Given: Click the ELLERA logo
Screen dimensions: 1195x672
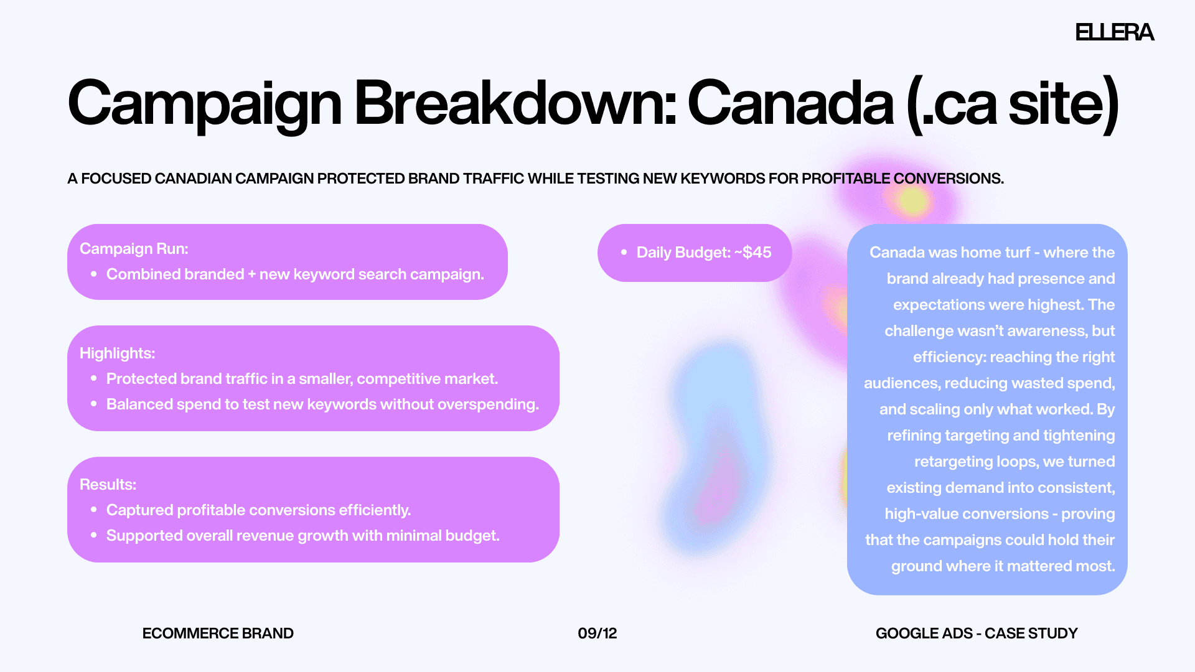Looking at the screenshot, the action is (1115, 32).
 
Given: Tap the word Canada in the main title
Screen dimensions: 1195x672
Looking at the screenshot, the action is (791, 103).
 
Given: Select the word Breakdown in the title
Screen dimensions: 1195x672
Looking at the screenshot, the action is (515, 103).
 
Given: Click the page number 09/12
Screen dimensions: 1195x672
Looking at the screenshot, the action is (597, 633).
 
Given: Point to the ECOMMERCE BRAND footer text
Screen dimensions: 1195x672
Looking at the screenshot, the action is (218, 633).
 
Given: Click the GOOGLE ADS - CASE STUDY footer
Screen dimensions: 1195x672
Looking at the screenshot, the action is (977, 633).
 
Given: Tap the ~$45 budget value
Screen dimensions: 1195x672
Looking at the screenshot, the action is (753, 253).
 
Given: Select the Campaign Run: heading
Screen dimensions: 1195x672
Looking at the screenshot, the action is (134, 249).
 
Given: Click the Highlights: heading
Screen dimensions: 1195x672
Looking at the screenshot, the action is (117, 353).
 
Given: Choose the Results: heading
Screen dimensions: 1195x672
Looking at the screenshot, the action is (108, 485).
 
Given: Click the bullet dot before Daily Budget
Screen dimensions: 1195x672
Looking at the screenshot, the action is (624, 253).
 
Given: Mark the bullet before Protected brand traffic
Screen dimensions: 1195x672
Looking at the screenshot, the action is (94, 378).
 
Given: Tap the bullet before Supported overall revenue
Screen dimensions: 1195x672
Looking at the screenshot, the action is (94, 535).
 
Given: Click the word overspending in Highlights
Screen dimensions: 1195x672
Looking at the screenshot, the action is (489, 404).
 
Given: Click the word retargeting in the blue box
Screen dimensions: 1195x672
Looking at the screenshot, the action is (953, 462).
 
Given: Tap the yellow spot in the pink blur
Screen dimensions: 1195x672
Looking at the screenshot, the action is (913, 200).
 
